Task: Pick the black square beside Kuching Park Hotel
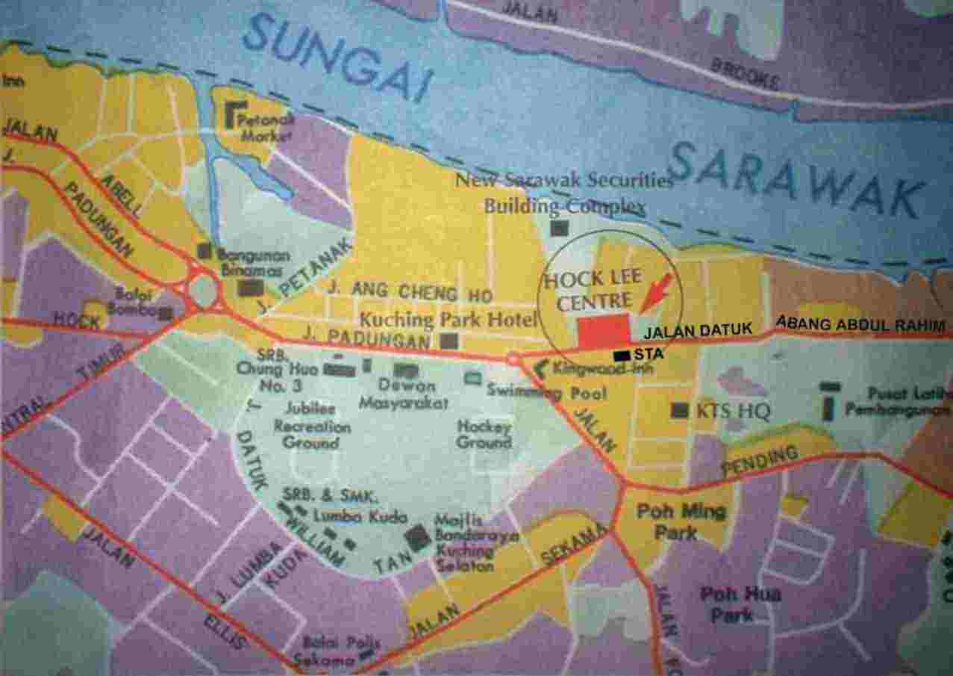449,341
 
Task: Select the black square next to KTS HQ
680,410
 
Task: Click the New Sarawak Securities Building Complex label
565,192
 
